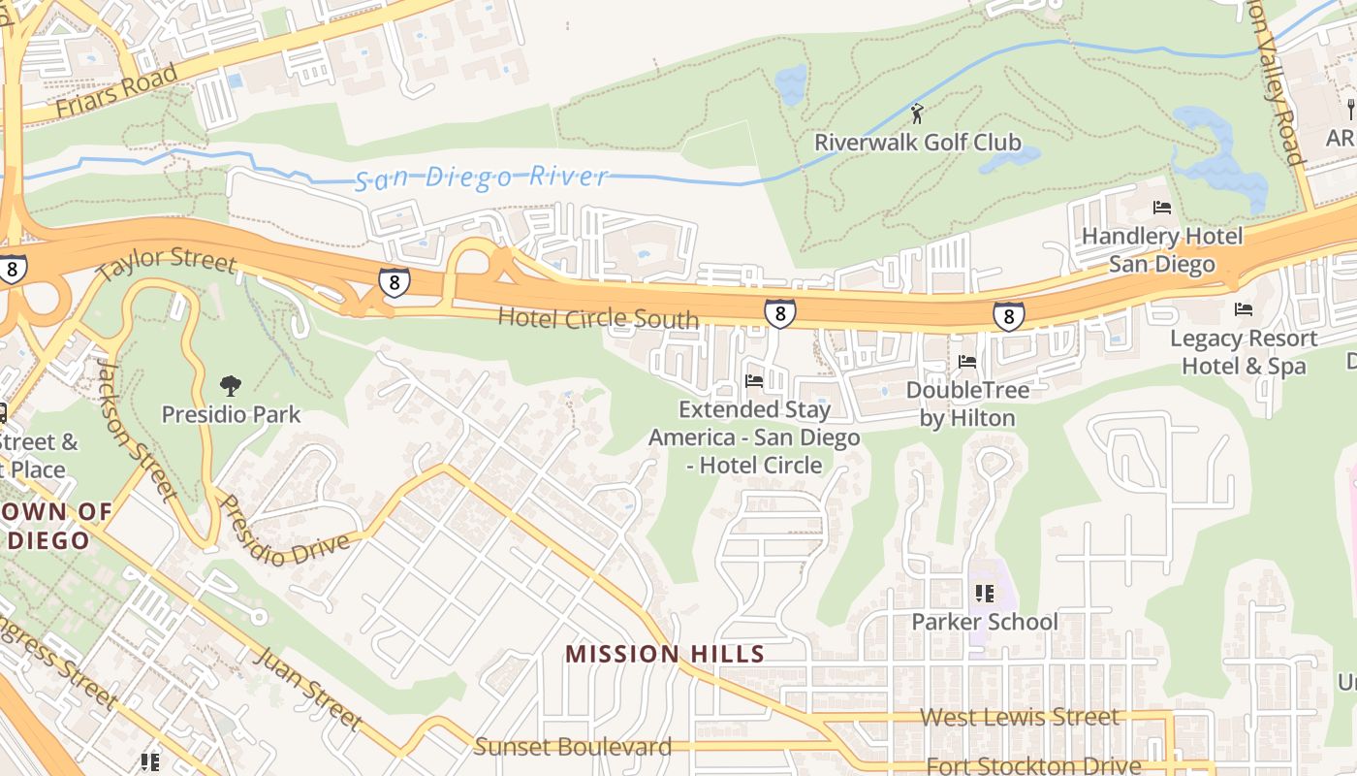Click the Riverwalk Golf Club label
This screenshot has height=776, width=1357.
pos(917,143)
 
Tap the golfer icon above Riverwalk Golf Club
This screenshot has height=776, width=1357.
pos(917,113)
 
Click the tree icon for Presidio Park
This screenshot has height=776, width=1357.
pos(231,387)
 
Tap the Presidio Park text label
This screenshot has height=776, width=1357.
pos(231,414)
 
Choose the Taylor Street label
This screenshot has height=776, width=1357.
pos(167,261)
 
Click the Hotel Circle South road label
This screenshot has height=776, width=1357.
pos(597,318)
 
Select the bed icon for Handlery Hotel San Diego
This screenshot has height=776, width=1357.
pos(1161,208)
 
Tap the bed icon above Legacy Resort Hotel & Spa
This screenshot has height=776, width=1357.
pos(1243,309)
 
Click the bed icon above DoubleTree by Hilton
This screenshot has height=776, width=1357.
pos(966,362)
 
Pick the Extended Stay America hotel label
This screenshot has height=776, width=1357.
pos(754,437)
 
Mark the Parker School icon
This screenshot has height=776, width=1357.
pos(985,593)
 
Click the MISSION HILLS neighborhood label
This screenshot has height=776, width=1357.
pos(665,654)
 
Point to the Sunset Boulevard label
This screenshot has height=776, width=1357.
pos(572,747)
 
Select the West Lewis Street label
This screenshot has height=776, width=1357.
pos(1019,717)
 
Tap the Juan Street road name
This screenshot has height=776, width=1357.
pos(307,689)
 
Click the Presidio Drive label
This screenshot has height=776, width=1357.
pos(284,532)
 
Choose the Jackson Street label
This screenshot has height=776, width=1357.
pos(135,430)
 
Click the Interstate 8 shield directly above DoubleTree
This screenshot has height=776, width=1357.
pos(1008,316)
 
